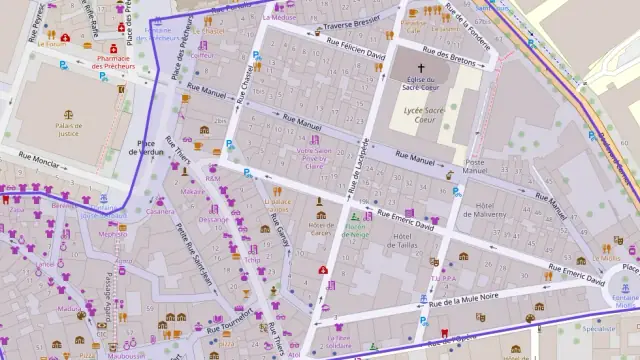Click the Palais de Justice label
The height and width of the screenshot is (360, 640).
point(68,128)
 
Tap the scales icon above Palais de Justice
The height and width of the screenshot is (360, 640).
point(68,114)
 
